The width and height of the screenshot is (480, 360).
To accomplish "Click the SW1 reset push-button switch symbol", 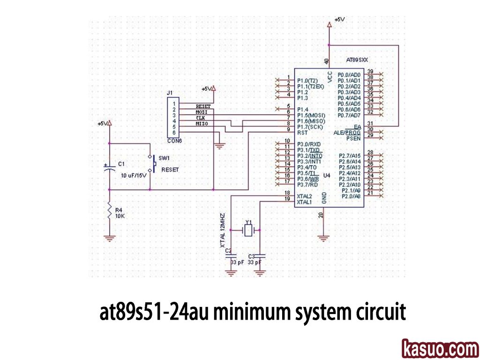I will click(151, 164).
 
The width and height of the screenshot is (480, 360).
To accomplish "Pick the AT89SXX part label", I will click(357, 60).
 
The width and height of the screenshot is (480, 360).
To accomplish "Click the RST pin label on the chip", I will click(302, 133).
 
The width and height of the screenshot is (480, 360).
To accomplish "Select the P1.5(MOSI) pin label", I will click(311, 115).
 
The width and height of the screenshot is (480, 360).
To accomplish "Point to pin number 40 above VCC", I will click(327, 61).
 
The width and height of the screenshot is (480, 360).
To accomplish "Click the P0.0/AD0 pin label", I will click(349, 75).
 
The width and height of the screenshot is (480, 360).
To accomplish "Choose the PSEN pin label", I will click(353, 139).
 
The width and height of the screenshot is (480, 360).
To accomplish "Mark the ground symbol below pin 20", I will click(323, 238).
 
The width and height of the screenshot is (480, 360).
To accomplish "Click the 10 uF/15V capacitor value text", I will click(134, 175).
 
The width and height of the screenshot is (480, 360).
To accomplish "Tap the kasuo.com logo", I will click(440, 349).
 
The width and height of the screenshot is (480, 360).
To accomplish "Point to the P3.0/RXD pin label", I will click(309, 144).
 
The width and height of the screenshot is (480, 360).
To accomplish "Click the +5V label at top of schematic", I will click(339, 20).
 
